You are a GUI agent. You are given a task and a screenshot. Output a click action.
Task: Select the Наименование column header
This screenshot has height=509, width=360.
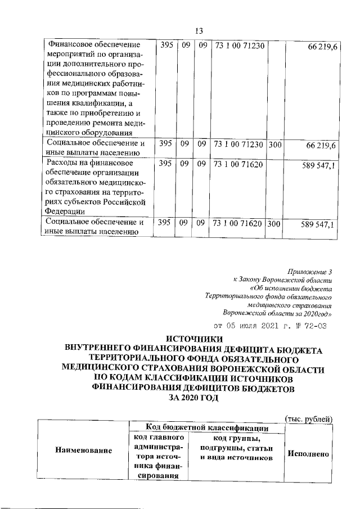(83, 450)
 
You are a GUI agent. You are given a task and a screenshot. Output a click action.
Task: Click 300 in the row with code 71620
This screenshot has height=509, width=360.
(274, 224)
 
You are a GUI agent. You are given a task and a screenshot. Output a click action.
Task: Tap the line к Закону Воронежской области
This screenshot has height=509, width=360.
(283, 280)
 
